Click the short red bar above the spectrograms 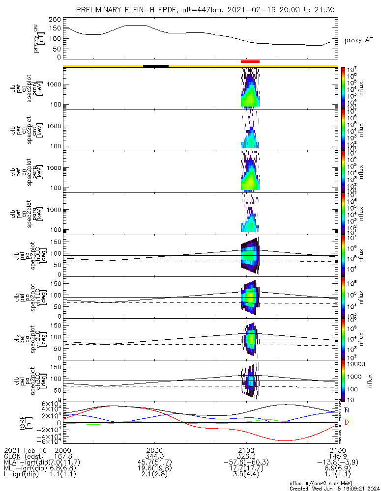(x=250, y=61)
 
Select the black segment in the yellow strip (x=156, y=65)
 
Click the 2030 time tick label (x=154, y=450)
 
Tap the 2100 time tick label (x=246, y=450)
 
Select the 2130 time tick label (x=338, y=450)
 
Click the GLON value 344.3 (x=154, y=456)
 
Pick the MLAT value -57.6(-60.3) (x=246, y=463)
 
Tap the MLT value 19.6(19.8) (x=154, y=469)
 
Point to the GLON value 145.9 (x=338, y=456)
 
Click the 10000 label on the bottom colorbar (x=357, y=364)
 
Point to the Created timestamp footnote (x=334, y=489)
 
